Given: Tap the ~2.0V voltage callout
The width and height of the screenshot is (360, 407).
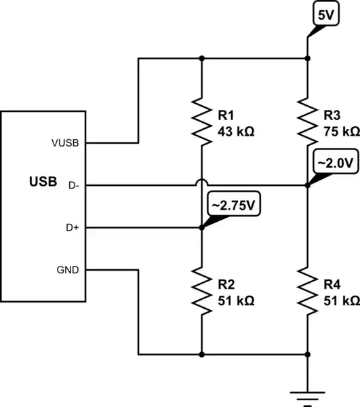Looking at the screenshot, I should tap(332, 163).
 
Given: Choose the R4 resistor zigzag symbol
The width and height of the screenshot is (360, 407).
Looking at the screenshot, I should tap(307, 291).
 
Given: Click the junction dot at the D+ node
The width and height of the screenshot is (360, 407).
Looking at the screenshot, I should tap(201, 228).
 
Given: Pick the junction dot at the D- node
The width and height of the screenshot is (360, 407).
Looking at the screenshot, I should tap(307, 185).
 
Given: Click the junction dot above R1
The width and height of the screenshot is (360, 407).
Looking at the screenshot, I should tap(201, 58).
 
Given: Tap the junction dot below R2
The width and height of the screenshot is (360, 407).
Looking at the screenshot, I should tap(201, 354).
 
